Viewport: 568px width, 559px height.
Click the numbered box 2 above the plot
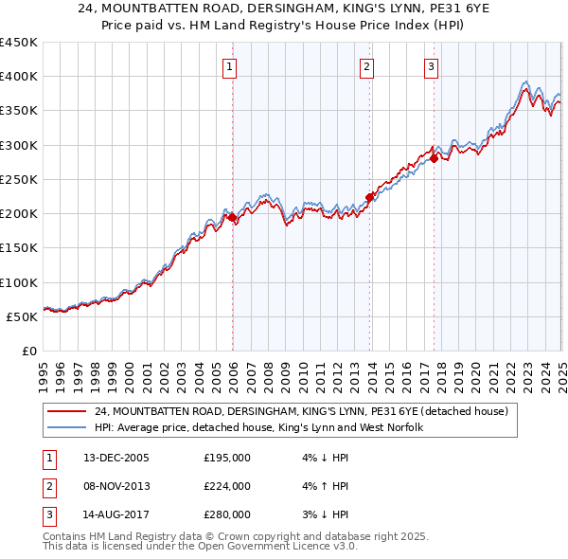pos(367,66)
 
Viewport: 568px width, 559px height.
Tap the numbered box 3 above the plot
pos(431,66)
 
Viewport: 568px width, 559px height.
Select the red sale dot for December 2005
pos(232,217)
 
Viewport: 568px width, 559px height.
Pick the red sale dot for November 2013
pos(369,197)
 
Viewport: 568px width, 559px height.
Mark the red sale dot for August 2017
pos(434,158)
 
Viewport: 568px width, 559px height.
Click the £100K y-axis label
pos(18,282)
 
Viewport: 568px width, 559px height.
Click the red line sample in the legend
pos(66,411)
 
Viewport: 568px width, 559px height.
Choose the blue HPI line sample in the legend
pos(66,428)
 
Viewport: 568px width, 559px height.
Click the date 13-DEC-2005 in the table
pos(116,458)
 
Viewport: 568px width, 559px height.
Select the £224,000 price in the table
pos(227,486)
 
